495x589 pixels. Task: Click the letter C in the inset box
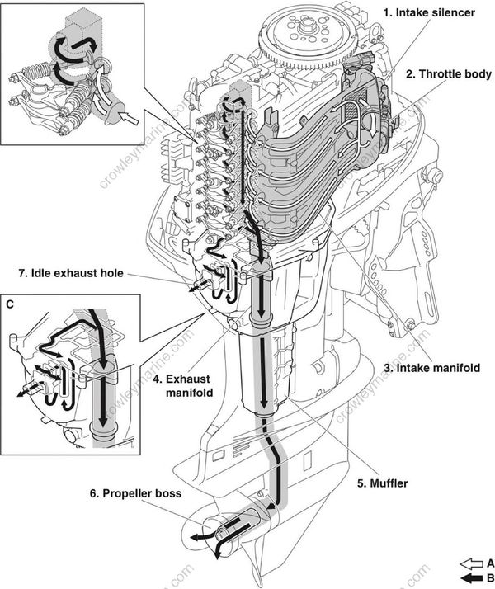click(9, 303)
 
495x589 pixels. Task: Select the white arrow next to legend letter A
click(469, 563)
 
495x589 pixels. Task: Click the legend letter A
click(489, 563)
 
